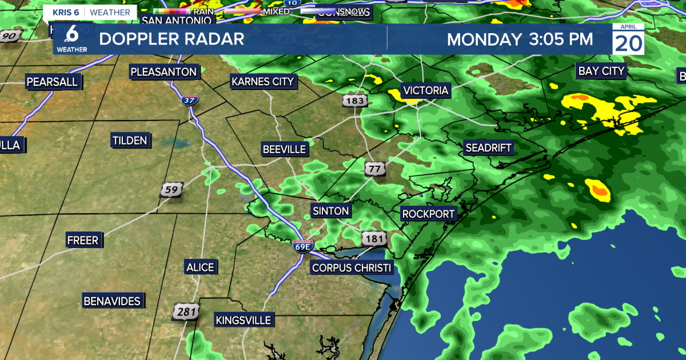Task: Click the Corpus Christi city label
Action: pyautogui.click(x=352, y=268)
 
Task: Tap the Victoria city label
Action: pyautogui.click(x=426, y=90)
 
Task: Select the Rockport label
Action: pyautogui.click(x=428, y=214)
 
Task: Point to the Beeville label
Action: pyautogui.click(x=285, y=150)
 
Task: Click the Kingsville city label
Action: pyautogui.click(x=243, y=320)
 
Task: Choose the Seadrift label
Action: pyautogui.click(x=488, y=148)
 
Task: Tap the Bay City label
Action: pyautogui.click(x=602, y=71)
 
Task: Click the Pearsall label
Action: pyautogui.click(x=52, y=82)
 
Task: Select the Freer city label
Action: pyautogui.click(x=83, y=240)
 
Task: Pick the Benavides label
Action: pyautogui.click(x=112, y=301)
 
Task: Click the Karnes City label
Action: pyautogui.click(x=262, y=82)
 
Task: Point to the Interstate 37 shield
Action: pyautogui.click(x=189, y=100)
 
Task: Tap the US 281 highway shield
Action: pyautogui.click(x=186, y=311)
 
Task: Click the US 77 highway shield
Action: pyautogui.click(x=374, y=169)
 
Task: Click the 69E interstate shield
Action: pyautogui.click(x=302, y=246)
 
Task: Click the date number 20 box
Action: pyautogui.click(x=628, y=43)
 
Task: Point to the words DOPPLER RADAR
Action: pyautogui.click(x=171, y=39)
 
